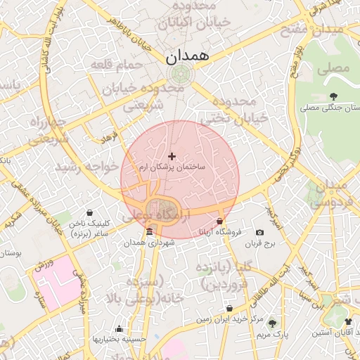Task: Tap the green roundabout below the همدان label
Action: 181,73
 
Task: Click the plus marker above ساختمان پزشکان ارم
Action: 172,156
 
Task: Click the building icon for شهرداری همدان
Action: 148,232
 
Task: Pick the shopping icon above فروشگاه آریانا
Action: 220,221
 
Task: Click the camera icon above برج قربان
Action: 259,233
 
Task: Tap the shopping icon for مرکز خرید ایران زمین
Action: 230,309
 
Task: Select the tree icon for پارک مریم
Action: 273,324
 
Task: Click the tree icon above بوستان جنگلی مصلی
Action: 333,96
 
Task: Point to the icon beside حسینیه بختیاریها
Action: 119,328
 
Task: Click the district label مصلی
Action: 333,69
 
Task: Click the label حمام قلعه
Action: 117,65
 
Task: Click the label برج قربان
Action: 262,244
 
